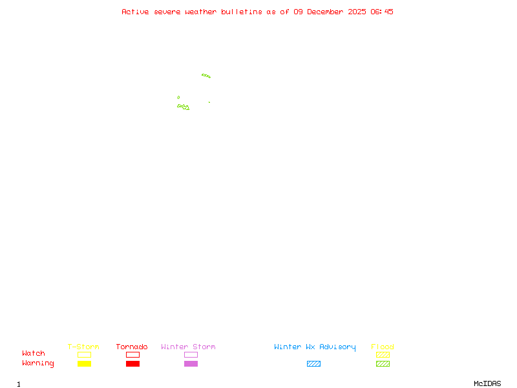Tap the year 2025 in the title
click(x=358, y=12)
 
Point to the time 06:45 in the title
click(x=382, y=12)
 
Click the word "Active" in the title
click(x=136, y=12)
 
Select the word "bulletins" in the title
click(x=242, y=12)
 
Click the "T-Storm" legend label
click(x=83, y=347)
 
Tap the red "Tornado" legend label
click(x=132, y=347)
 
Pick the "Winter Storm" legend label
click(x=188, y=347)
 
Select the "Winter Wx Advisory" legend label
click(x=315, y=347)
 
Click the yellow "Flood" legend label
click(x=383, y=347)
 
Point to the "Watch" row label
click(x=34, y=354)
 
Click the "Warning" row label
click(x=38, y=363)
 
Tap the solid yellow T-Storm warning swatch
click(x=84, y=364)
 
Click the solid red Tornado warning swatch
click(x=132, y=364)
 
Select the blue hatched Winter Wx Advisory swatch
click(x=313, y=364)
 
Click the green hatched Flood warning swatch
click(x=383, y=364)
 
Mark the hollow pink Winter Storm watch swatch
click(x=191, y=355)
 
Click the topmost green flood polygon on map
click(x=206, y=76)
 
